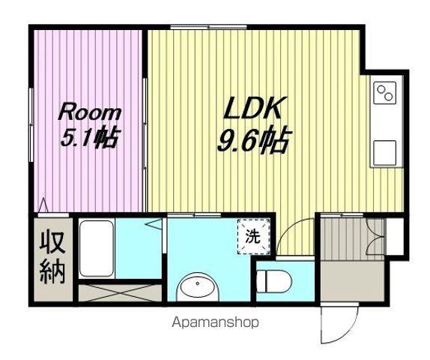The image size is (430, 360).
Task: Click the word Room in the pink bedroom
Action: [x=90, y=112]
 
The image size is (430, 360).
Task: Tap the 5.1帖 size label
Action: [x=90, y=136]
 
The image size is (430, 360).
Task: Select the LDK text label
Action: [x=253, y=108]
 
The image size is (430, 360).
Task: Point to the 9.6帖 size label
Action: [x=253, y=139]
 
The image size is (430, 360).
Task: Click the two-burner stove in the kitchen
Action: [x=385, y=92]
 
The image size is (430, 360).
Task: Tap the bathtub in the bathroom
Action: [x=97, y=249]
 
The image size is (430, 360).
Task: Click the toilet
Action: [x=275, y=281]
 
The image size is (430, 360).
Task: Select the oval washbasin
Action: [x=198, y=286]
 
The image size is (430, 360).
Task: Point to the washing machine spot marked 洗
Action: [x=253, y=237]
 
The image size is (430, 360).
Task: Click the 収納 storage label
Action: [x=52, y=257]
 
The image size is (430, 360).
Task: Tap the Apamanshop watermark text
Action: [x=215, y=322]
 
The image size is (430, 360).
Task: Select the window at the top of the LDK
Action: [x=209, y=27]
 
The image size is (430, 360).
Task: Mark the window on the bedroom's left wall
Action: [x=31, y=124]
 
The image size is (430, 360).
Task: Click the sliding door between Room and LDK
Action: [x=145, y=124]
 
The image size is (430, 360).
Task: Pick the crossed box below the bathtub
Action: [x=120, y=293]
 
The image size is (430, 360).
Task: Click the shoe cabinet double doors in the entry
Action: [x=375, y=237]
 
